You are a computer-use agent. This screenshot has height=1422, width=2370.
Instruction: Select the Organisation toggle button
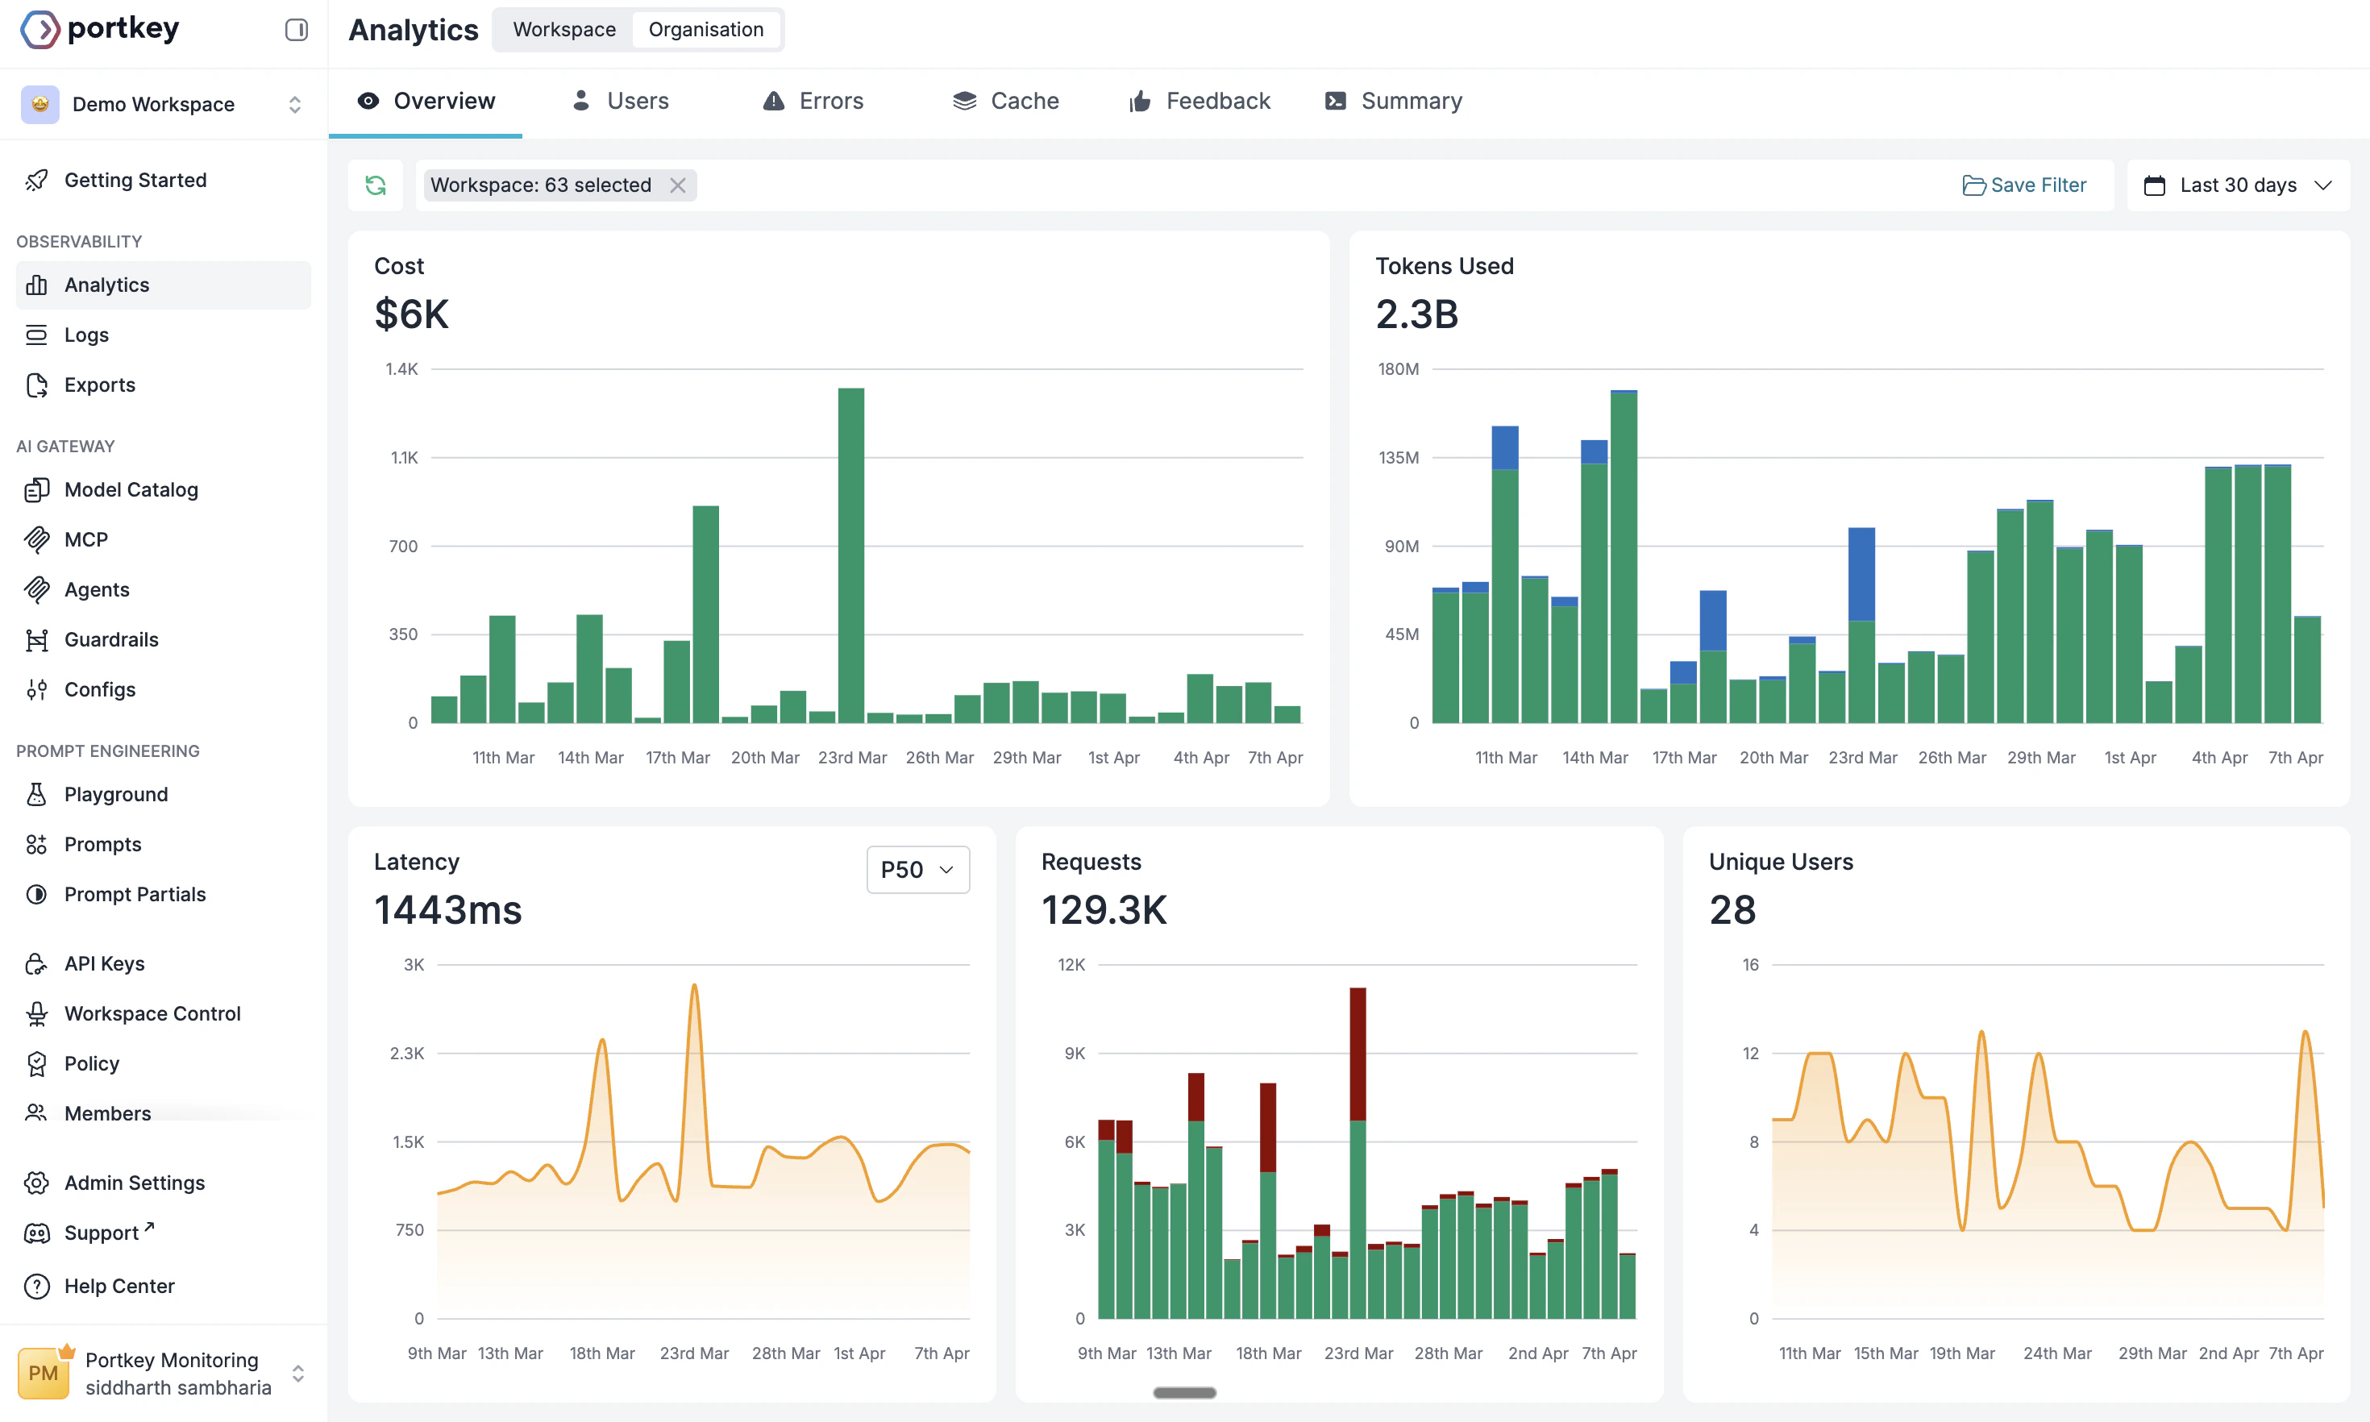[x=705, y=30]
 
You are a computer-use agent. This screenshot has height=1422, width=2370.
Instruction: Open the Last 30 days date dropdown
[x=2237, y=185]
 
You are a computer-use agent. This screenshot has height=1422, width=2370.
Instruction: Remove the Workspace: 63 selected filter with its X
[x=677, y=185]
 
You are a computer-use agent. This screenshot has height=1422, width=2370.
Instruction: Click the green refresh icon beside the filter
[x=376, y=185]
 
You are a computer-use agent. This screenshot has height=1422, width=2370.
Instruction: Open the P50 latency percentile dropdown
[x=917, y=869]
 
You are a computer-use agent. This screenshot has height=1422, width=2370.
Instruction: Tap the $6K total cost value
[x=411, y=314]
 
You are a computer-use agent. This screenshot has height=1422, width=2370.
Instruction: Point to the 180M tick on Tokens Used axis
[x=1398, y=369]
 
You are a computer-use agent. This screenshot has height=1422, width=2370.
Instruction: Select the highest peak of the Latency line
[x=693, y=987]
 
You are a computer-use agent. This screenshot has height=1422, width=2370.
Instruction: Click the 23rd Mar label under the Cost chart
[x=851, y=757]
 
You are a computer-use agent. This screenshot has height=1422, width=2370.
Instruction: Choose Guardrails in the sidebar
[x=111, y=639]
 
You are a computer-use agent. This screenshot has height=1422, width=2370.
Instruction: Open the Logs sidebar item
[x=86, y=335]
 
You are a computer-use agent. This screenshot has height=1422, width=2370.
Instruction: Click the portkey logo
[x=101, y=29]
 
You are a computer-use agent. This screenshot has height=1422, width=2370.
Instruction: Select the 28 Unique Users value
[x=1732, y=909]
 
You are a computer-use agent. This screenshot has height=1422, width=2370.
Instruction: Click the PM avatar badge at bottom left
[x=43, y=1372]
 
